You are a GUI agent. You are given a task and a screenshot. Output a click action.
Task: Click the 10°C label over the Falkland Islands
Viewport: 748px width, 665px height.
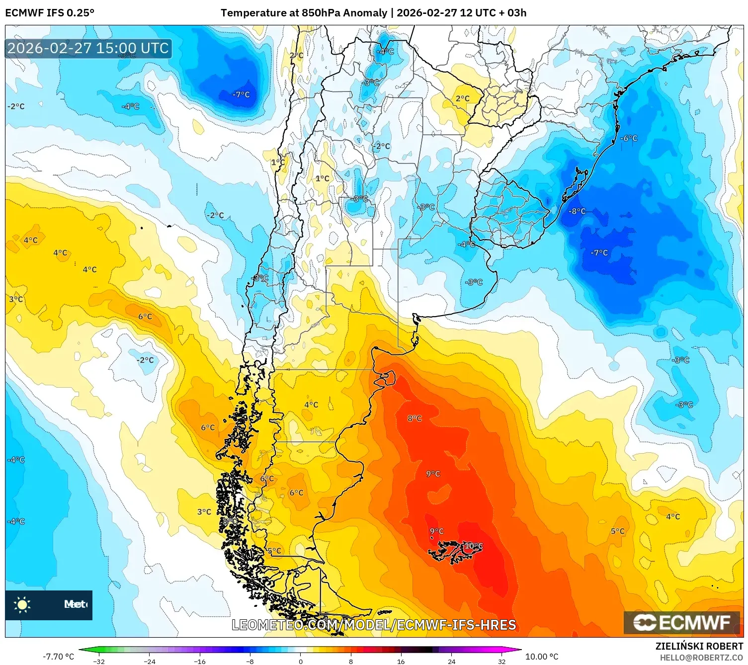click(473, 546)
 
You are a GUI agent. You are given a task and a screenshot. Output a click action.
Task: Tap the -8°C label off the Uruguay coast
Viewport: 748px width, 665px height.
click(577, 211)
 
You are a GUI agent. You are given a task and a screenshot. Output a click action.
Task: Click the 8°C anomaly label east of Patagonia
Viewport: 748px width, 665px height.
click(415, 418)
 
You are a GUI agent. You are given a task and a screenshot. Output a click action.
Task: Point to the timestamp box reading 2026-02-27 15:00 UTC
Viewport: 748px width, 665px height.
click(88, 48)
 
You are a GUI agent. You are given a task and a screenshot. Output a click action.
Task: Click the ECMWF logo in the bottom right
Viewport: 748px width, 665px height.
click(682, 622)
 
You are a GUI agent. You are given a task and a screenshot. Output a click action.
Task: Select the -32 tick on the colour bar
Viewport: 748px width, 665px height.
click(99, 661)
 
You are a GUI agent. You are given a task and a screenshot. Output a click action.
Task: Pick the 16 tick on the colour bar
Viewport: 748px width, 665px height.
click(401, 661)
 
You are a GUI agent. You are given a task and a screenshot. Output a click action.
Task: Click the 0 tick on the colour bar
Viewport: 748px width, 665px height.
click(300, 661)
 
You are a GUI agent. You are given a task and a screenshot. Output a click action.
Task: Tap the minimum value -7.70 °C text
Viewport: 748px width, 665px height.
click(58, 657)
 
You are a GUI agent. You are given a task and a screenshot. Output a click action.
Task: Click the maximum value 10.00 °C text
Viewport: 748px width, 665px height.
click(542, 657)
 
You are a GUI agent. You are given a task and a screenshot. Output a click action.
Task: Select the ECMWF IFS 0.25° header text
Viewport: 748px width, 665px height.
click(50, 13)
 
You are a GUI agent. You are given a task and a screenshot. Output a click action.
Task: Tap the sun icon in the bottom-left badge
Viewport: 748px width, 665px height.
click(22, 605)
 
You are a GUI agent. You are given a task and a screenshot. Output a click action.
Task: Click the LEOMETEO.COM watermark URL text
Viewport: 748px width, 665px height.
click(374, 625)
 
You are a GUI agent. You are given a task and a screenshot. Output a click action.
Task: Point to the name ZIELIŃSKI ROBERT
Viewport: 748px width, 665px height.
click(699, 646)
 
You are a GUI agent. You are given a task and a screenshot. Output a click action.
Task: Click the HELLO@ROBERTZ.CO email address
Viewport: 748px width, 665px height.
click(701, 658)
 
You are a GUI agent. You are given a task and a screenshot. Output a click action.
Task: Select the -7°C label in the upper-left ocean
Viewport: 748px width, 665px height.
click(241, 94)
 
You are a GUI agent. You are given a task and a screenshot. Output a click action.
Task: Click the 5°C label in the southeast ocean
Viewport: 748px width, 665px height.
click(617, 531)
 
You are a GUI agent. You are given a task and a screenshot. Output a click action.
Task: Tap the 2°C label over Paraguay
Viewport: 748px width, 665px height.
click(462, 98)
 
